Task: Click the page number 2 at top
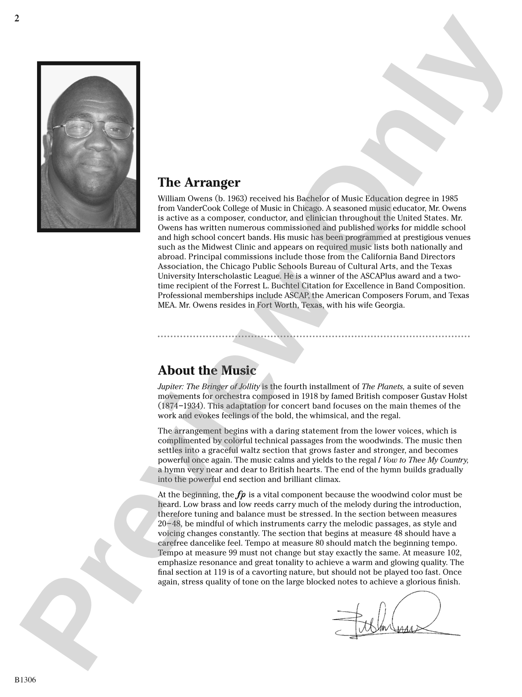click(x=17, y=19)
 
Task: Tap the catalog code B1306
click(x=25, y=680)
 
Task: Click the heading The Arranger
click(x=199, y=182)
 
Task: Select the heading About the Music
click(x=207, y=370)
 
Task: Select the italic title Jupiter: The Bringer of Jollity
click(x=209, y=386)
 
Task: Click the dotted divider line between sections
click(x=314, y=336)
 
